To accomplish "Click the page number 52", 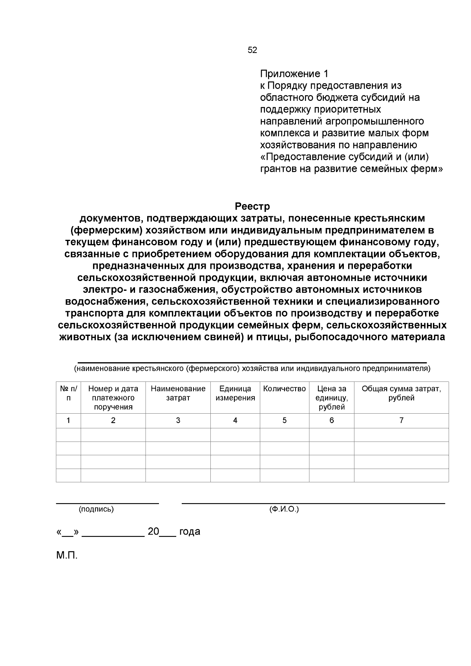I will coord(252,50).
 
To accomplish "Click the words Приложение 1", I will coord(294,74).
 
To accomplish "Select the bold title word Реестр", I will coord(252,206).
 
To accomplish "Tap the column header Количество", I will coord(284,389).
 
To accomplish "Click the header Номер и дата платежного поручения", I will coord(113,398).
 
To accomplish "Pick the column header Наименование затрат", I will coord(178,393).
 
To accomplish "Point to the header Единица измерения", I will coord(235,393).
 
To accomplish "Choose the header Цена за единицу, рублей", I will coord(332,398).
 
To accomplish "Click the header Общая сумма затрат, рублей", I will coord(401,393).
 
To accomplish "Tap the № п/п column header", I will coord(68,393).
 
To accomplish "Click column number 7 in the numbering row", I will coord(401,420).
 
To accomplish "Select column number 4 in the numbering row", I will coord(235,420).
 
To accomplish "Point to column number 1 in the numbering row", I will coord(68,420).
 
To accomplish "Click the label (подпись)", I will coord(96,509).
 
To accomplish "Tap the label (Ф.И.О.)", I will coord(284,509).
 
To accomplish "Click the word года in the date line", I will coord(190,532).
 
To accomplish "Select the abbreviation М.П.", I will coord(67,556).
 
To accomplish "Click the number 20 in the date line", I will coord(153,532).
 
